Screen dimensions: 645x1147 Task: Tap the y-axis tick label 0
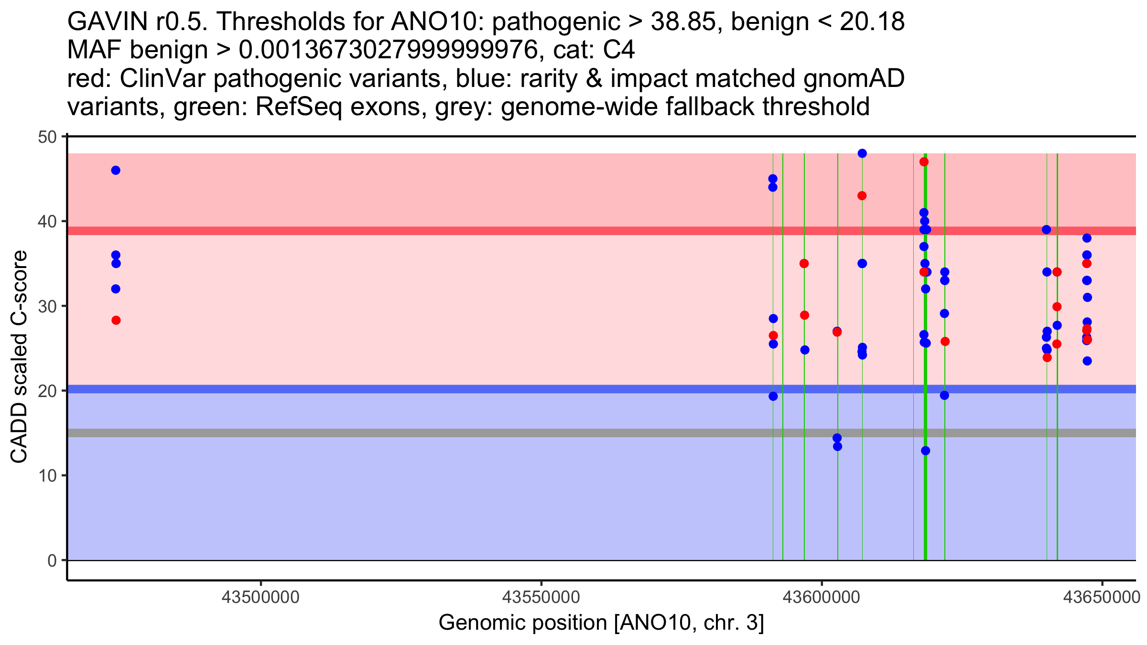(52, 560)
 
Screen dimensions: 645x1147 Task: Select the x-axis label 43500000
(261, 597)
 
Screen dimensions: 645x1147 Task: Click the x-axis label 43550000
(541, 597)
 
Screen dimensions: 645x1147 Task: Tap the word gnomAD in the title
(854, 78)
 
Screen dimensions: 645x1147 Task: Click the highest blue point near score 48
(862, 153)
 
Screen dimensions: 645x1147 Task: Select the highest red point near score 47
(924, 162)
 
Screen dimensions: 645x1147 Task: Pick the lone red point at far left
(116, 320)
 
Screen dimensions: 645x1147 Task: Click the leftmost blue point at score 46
(116, 171)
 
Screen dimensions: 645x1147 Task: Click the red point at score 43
(862, 196)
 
